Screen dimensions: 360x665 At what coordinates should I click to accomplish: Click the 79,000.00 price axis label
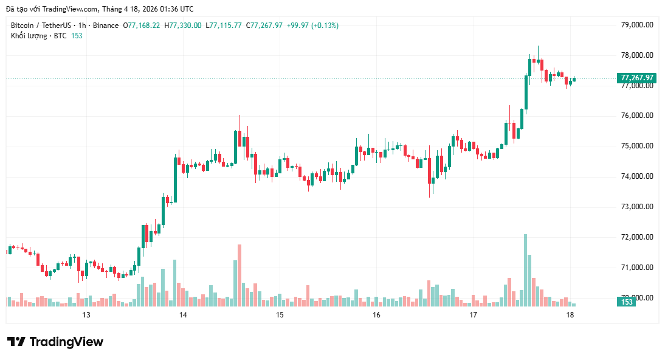click(636, 25)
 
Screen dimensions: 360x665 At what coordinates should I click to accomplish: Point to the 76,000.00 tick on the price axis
click(636, 116)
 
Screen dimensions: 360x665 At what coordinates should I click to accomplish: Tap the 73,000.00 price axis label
click(636, 207)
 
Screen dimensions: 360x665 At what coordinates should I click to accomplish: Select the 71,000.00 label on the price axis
click(636, 268)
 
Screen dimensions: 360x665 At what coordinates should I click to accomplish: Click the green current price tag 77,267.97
click(636, 78)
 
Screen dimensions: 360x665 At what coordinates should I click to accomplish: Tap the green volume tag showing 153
click(627, 302)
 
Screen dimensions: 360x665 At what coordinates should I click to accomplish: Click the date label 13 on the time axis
click(86, 315)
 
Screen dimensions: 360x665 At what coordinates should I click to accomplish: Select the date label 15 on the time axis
click(280, 315)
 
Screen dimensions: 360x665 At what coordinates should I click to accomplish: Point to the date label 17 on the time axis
click(474, 315)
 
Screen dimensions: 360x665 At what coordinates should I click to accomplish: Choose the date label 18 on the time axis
click(570, 315)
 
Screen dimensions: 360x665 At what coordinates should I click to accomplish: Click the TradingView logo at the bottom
click(55, 342)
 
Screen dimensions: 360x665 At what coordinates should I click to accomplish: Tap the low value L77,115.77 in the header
click(224, 26)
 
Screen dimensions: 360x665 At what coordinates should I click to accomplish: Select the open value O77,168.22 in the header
click(142, 26)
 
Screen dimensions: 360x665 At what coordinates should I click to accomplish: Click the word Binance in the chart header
click(106, 26)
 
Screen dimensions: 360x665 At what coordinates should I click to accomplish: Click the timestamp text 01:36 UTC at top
click(177, 9)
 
